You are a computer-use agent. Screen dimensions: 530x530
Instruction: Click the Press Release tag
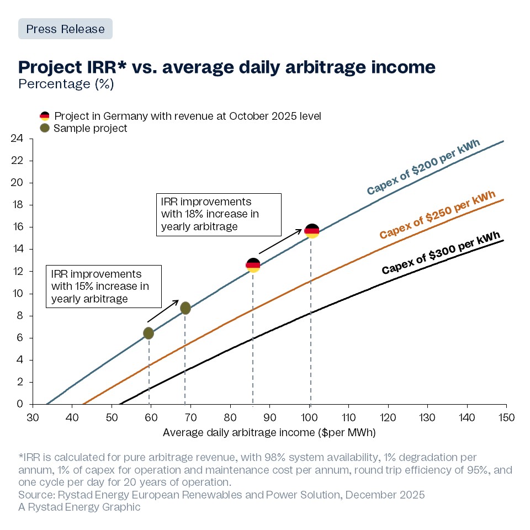[65, 29]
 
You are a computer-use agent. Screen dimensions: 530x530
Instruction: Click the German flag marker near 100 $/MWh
[312, 231]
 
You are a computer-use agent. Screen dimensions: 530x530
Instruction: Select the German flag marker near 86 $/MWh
[253, 266]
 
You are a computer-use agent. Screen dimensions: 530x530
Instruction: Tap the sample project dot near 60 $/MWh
[149, 333]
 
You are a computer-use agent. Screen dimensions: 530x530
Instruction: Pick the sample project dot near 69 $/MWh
[185, 308]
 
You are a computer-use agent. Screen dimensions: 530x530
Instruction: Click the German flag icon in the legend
[44, 116]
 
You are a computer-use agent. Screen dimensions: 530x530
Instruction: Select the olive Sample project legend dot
[44, 128]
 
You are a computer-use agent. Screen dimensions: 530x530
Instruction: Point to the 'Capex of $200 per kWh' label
[423, 167]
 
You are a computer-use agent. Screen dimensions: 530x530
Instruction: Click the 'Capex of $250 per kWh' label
[437, 215]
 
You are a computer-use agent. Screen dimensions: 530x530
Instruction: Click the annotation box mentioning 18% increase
[219, 214]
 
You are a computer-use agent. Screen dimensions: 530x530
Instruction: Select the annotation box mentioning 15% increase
[104, 286]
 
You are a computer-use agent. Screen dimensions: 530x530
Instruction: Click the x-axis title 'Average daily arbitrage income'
[269, 432]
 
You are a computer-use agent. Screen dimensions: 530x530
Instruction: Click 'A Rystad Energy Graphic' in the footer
[79, 507]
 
